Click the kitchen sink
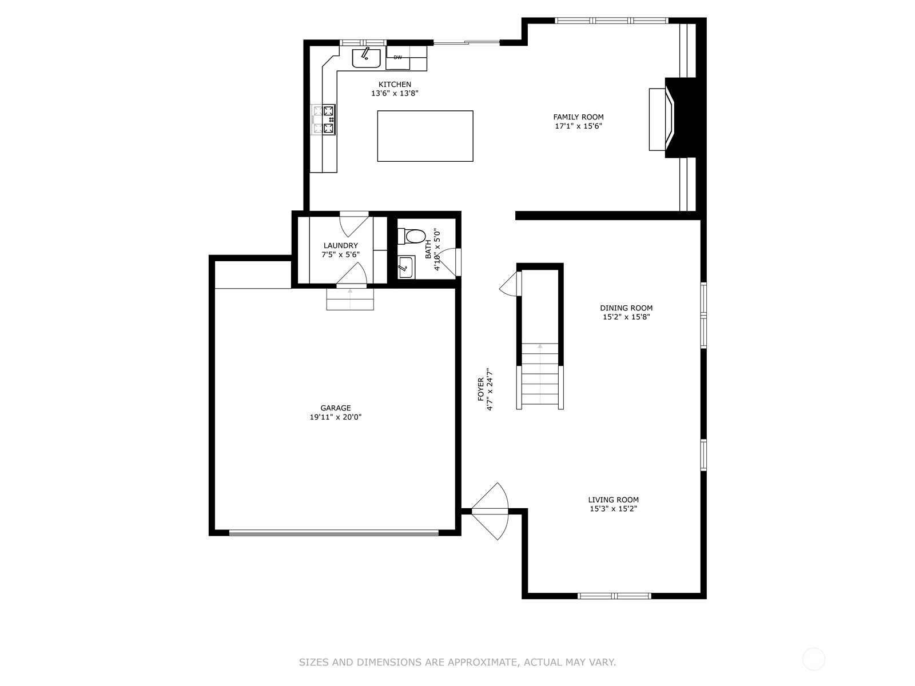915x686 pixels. [366, 58]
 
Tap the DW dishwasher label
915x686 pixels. [397, 58]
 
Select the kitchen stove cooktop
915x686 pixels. [324, 119]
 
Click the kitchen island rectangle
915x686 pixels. [425, 136]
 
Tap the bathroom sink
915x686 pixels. [405, 267]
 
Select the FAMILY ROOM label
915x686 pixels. [578, 117]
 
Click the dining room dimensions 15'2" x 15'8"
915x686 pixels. [626, 317]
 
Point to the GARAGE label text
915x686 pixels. [336, 408]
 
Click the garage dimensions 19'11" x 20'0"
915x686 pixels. [336, 417]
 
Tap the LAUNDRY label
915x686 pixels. [341, 245]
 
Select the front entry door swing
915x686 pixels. [490, 511]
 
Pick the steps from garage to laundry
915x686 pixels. [350, 299]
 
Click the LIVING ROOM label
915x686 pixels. [613, 500]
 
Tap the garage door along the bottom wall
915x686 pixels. [334, 532]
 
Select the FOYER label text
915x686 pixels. [480, 389]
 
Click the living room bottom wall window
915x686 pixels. [614, 596]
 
